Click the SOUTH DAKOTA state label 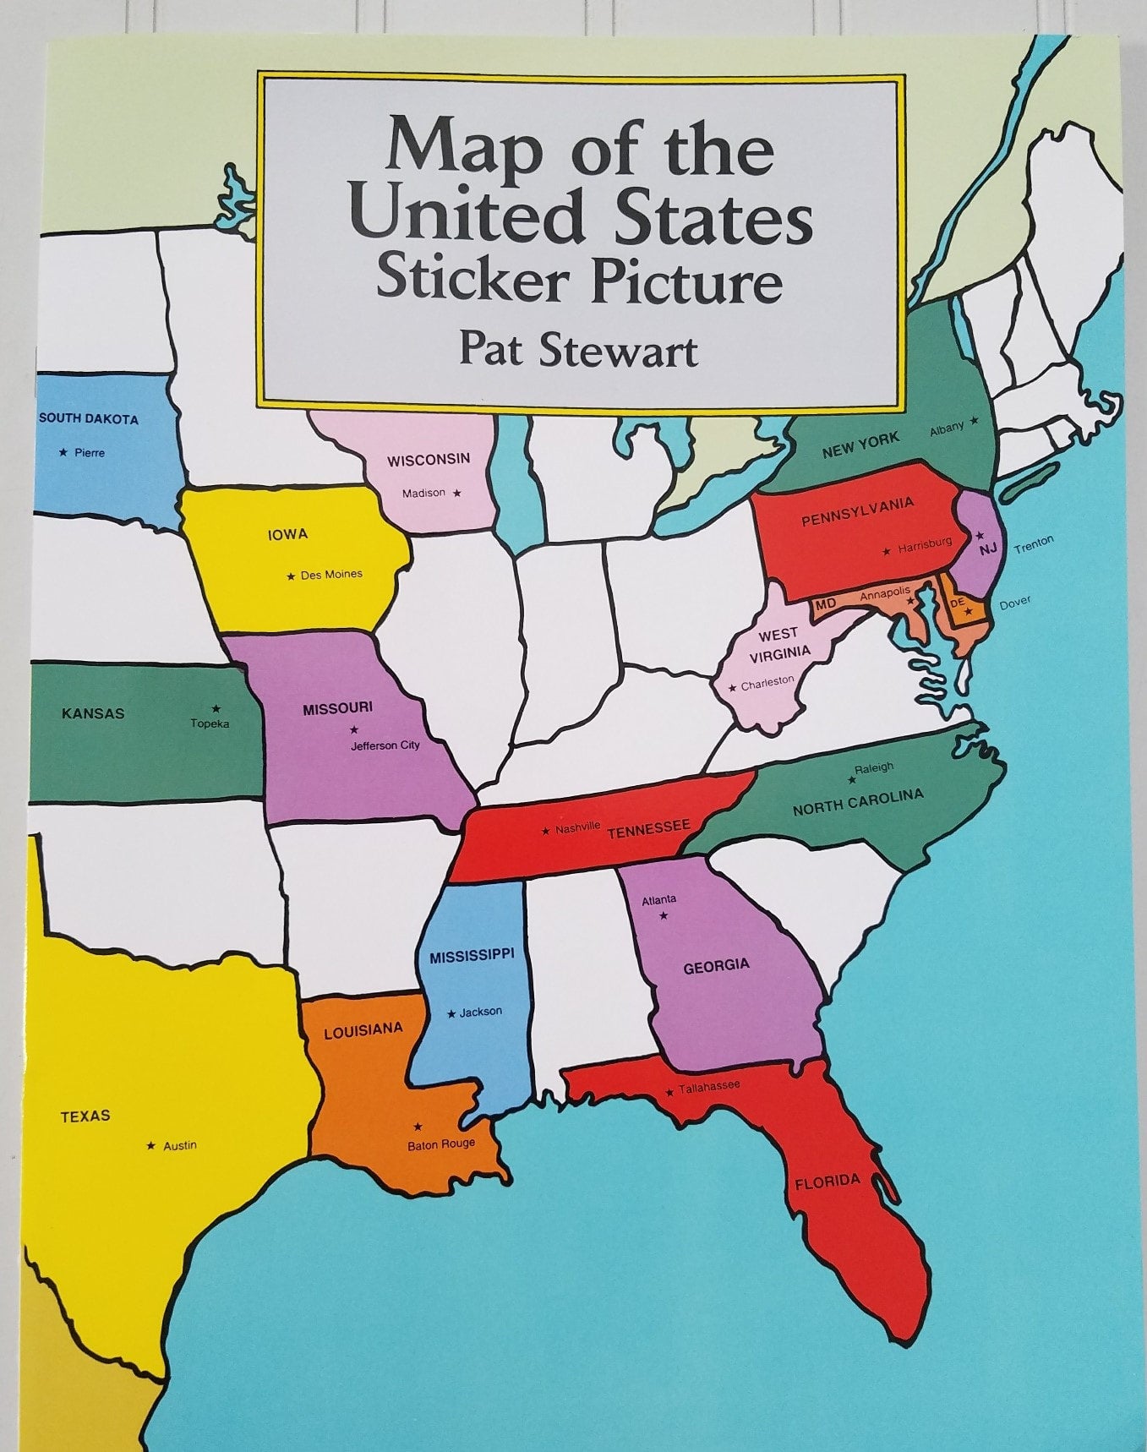click(88, 418)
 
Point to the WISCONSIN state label click(429, 460)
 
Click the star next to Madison click(457, 493)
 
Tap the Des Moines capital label click(331, 575)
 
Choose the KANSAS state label click(93, 713)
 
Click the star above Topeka click(216, 708)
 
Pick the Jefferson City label click(385, 745)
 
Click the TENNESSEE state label click(648, 829)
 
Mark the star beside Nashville click(546, 832)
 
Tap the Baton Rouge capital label click(441, 1144)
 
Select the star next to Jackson click(451, 1013)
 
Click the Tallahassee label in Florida click(709, 1086)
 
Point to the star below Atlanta click(664, 916)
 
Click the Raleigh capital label click(874, 767)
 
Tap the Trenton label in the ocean click(1034, 544)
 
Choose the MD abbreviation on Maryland click(825, 603)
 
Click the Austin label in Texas click(180, 1145)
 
